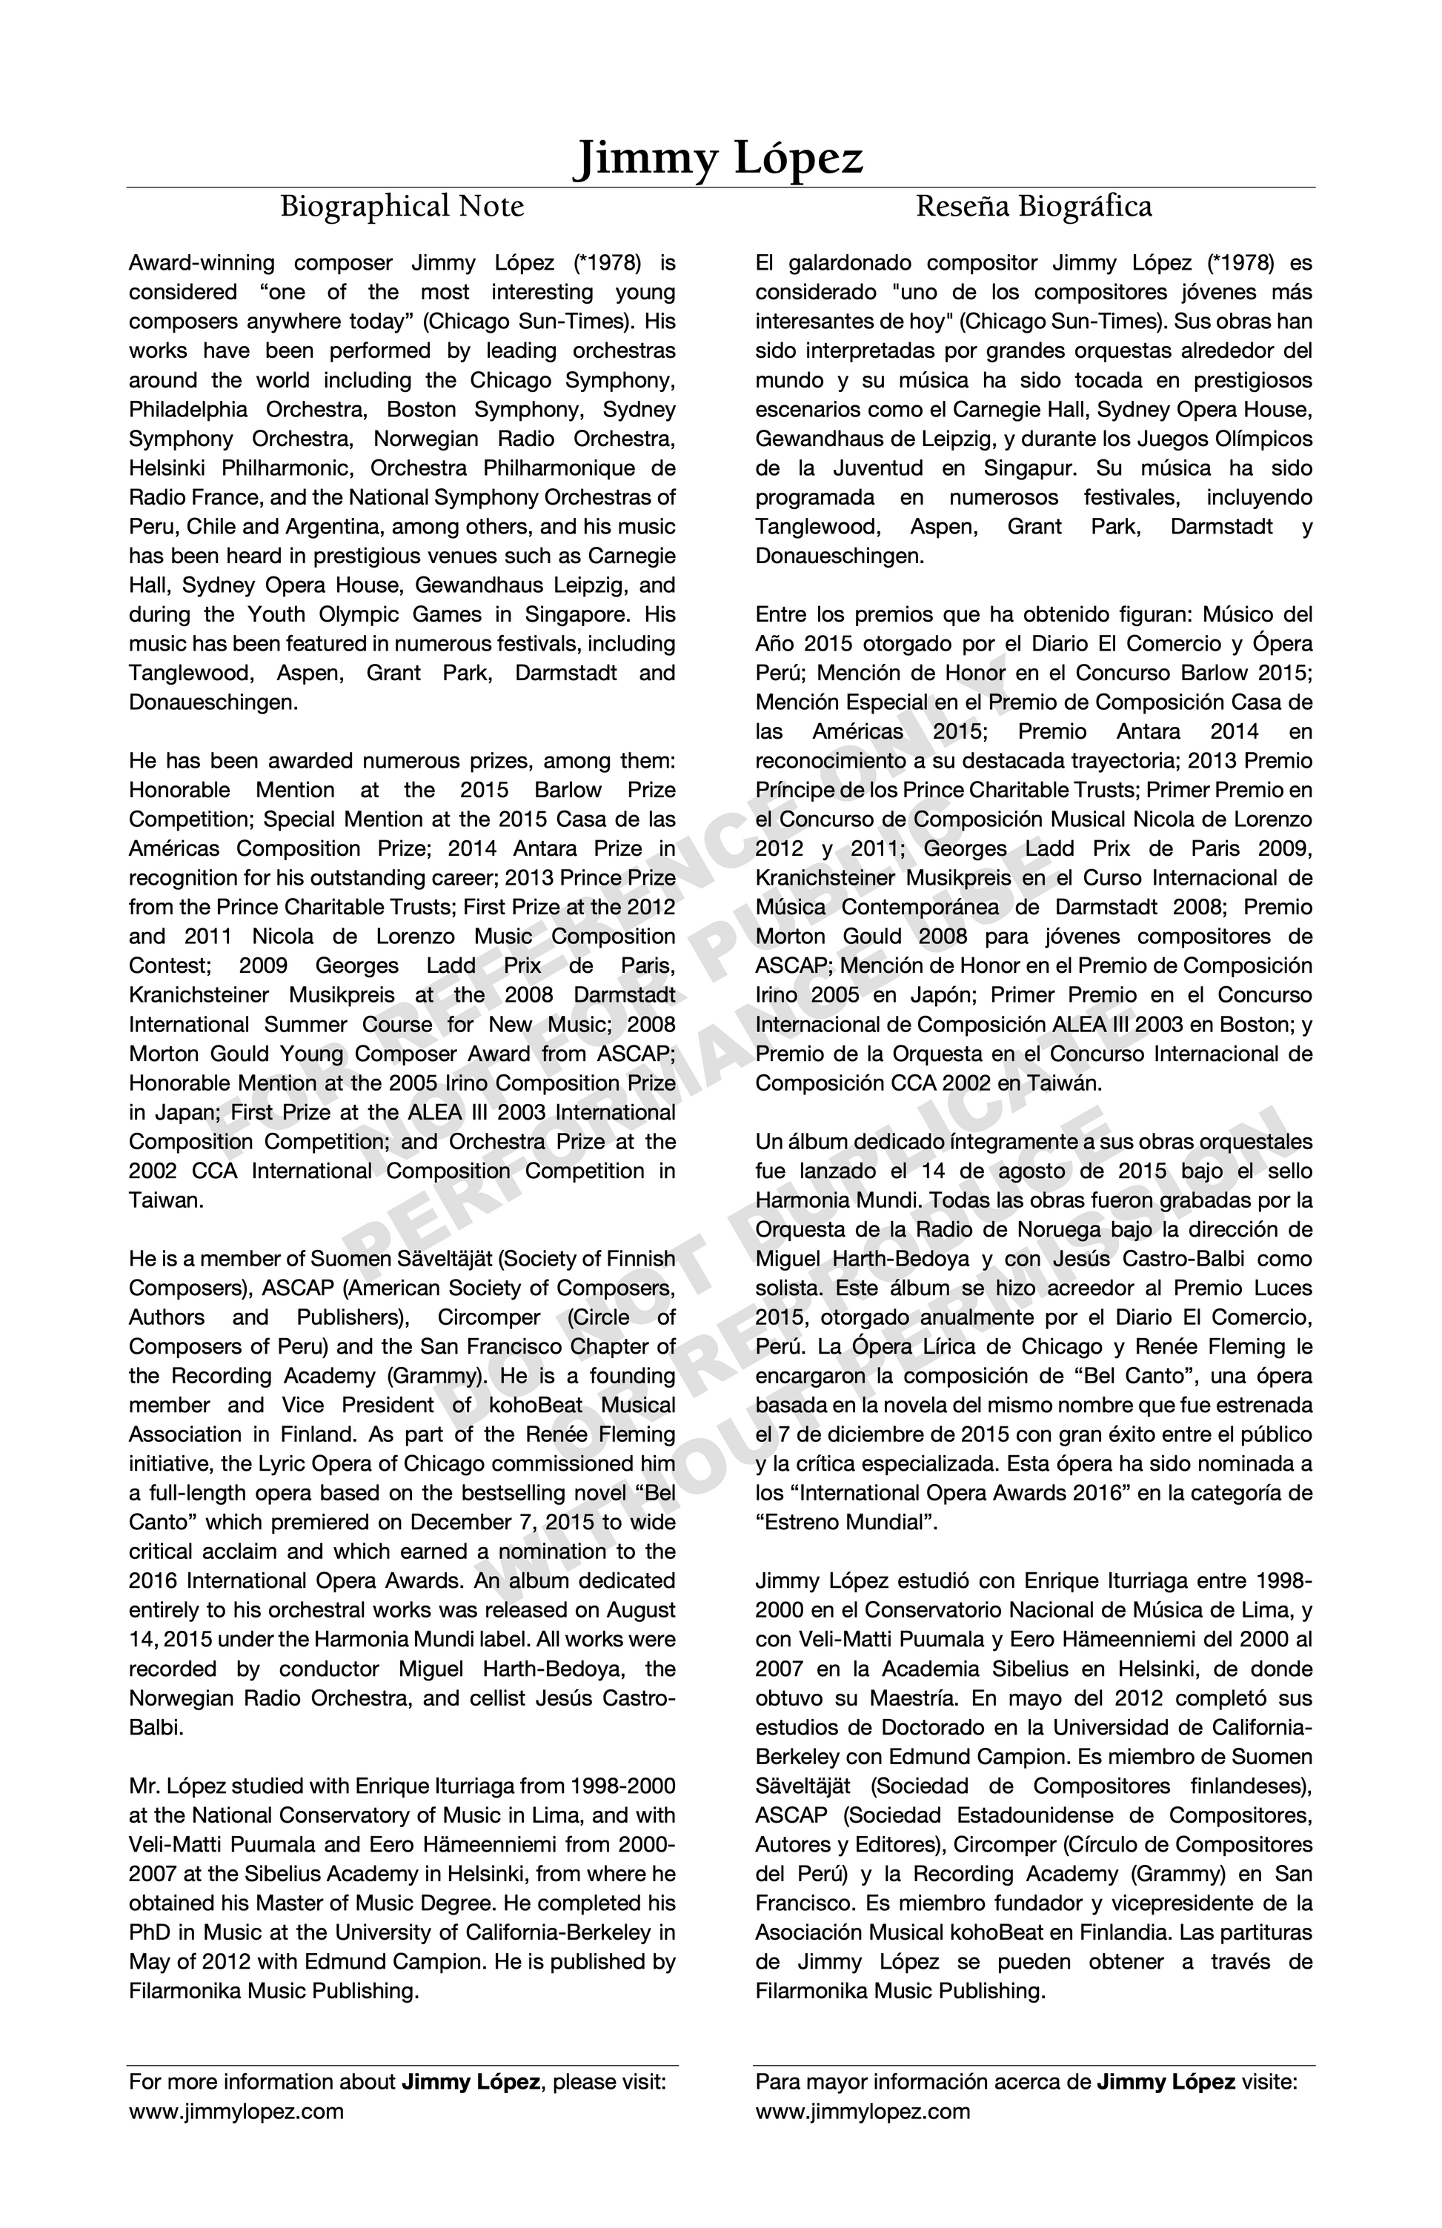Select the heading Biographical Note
[402, 206]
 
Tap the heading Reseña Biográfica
[1033, 206]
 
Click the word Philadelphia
[189, 410]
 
